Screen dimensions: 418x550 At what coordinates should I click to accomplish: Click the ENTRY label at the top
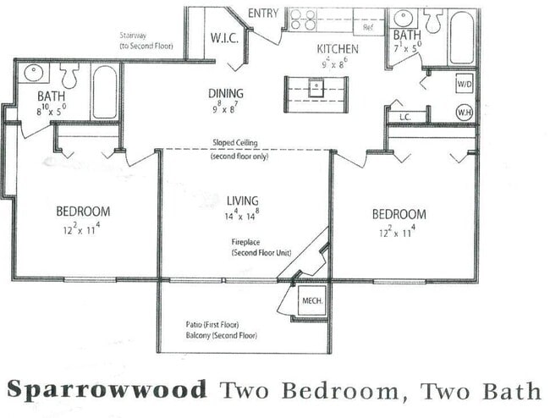coord(264,13)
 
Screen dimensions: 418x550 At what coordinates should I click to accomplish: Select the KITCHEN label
coord(338,48)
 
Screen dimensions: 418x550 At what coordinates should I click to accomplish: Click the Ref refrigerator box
coord(367,27)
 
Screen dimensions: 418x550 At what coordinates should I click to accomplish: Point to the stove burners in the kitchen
coord(304,19)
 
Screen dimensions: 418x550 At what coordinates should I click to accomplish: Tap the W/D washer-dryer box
coord(464,84)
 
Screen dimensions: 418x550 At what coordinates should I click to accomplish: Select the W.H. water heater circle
coord(464,112)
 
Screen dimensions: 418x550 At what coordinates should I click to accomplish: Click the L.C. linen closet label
coord(404,117)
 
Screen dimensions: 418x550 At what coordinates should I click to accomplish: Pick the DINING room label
coord(225,94)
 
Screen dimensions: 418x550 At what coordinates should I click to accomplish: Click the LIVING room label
coord(244,201)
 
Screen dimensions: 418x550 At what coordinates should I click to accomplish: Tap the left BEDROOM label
coord(83,212)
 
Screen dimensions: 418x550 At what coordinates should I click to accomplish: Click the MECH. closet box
coord(311,301)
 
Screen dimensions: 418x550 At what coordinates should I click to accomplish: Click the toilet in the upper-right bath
coord(433,20)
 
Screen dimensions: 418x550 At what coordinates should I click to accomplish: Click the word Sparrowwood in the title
coord(107,390)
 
